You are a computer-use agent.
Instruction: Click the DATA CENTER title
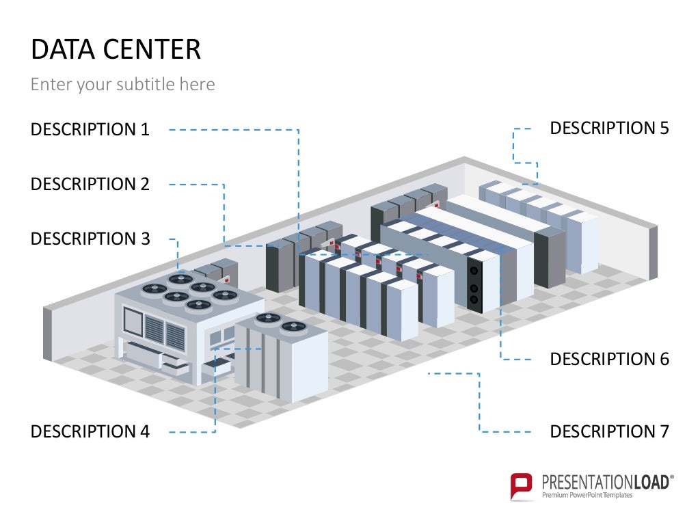(x=116, y=50)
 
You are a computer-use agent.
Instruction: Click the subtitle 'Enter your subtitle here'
(x=123, y=85)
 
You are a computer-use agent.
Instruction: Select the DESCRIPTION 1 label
(x=90, y=129)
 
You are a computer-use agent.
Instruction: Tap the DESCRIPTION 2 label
(x=90, y=184)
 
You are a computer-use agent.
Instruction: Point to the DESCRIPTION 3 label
(x=90, y=239)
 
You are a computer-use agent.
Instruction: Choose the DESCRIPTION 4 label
(x=90, y=431)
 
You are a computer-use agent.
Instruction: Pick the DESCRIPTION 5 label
(x=610, y=128)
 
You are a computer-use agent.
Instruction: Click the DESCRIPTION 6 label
(x=610, y=359)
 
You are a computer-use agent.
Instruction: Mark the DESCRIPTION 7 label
(x=610, y=431)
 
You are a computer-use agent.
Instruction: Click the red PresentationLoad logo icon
(x=522, y=485)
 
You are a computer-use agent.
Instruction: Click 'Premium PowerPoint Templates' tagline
(x=587, y=495)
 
